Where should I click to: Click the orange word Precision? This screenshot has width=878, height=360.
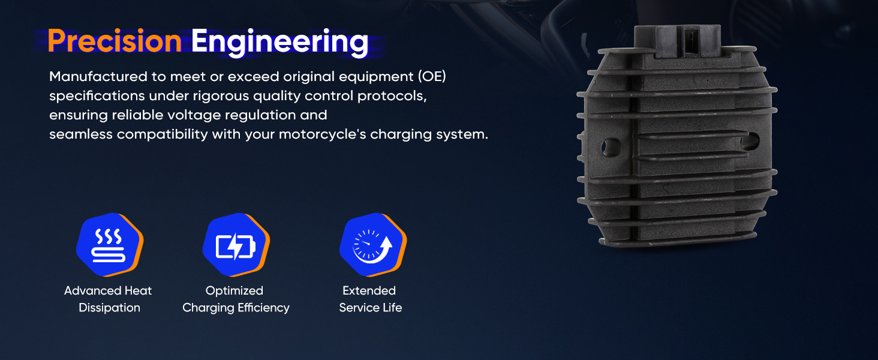tap(115, 41)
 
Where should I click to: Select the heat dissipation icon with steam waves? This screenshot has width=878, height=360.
tap(110, 245)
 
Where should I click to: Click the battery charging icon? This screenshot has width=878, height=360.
tap(236, 245)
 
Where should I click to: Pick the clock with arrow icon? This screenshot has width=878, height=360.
tap(373, 245)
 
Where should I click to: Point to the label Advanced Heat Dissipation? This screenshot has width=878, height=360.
tap(108, 299)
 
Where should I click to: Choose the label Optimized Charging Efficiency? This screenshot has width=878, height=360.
tap(236, 299)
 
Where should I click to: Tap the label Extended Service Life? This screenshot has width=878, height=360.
tap(370, 299)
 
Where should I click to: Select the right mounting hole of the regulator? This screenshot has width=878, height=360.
tap(750, 141)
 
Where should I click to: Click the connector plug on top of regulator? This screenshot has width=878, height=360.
tap(677, 40)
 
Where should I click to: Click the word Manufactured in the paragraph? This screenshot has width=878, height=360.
tap(98, 76)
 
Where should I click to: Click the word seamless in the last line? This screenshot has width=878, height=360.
tap(81, 134)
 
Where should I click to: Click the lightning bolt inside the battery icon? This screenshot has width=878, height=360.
tap(235, 247)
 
